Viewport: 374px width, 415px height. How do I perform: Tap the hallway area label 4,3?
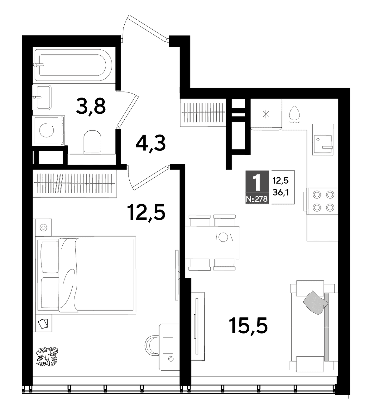pyautogui.click(x=151, y=144)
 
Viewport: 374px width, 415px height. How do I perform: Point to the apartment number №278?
pyautogui.click(x=257, y=199)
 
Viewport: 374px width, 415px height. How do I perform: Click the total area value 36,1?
pyautogui.click(x=280, y=193)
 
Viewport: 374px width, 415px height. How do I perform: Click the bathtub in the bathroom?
pyautogui.click(x=73, y=65)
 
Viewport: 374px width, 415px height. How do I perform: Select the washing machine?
pyautogui.click(x=49, y=130)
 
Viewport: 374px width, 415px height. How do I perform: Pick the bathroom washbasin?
pyautogui.click(x=42, y=97)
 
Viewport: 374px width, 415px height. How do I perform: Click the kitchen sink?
pyautogui.click(x=323, y=140)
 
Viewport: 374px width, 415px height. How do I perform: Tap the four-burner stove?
pyautogui.click(x=322, y=201)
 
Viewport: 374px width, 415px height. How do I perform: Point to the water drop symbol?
pyautogui.click(x=294, y=113)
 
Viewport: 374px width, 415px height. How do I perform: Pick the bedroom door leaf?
pyautogui.click(x=151, y=178)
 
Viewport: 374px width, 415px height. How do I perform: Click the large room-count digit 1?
pyautogui.click(x=257, y=183)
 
